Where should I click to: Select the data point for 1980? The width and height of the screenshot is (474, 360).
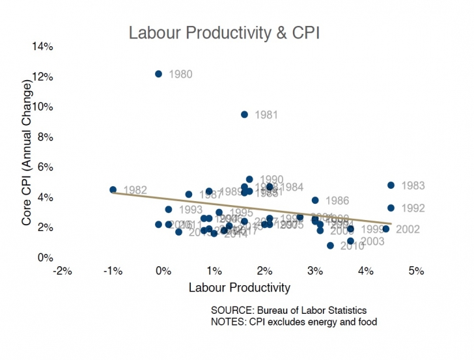pyautogui.click(x=158, y=74)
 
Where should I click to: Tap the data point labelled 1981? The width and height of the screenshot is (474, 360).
pyautogui.click(x=244, y=115)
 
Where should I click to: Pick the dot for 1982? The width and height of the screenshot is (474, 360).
pyautogui.click(x=113, y=190)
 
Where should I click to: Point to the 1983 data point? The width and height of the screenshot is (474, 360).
pyautogui.click(x=391, y=186)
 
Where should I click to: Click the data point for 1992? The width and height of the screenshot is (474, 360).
pyautogui.click(x=391, y=208)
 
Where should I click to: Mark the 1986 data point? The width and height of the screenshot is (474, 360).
pyautogui.click(x=315, y=201)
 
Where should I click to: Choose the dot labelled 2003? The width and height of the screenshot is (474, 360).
pyautogui.click(x=350, y=241)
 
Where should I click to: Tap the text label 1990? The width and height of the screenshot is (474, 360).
pyautogui.click(x=272, y=180)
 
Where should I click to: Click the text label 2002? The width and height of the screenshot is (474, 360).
pyautogui.click(x=408, y=229)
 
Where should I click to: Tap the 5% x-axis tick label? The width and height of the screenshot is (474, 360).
pyautogui.click(x=417, y=271)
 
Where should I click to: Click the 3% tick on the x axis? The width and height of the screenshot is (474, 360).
pyautogui.click(x=315, y=271)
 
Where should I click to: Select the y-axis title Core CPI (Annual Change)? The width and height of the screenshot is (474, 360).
pyautogui.click(x=27, y=154)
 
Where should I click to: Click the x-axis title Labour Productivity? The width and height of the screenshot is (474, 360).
pyautogui.click(x=239, y=287)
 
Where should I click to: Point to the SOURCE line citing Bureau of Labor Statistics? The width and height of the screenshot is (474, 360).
pyautogui.click(x=289, y=310)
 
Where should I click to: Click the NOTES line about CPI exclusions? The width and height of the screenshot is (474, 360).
pyautogui.click(x=294, y=322)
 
